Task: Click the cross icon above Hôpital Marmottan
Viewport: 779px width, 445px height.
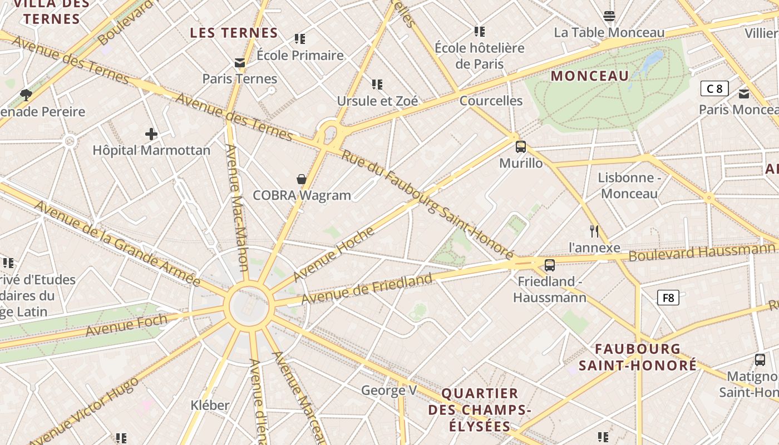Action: pos(151,134)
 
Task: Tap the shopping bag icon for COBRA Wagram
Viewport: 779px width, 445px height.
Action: pos(301,179)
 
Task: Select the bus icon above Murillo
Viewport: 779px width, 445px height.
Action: pos(521,147)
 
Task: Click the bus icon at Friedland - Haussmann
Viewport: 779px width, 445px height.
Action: pos(550,265)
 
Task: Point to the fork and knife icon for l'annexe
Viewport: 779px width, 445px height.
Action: pos(594,231)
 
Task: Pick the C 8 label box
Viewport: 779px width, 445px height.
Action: pos(714,88)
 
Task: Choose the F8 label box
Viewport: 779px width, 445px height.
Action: pos(668,298)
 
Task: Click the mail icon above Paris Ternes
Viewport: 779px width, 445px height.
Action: pos(240,63)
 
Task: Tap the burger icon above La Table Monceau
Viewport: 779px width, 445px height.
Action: pos(609,16)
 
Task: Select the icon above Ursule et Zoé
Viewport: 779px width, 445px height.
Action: pos(377,85)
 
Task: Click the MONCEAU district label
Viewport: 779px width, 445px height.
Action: pos(590,76)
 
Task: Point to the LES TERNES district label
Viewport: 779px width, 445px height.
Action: pos(234,33)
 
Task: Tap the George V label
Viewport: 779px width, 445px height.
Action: pos(389,390)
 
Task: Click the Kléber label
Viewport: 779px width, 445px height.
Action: pos(210,405)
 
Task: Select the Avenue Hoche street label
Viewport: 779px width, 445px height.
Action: pos(333,254)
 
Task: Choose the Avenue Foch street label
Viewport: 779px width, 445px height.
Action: pos(126,326)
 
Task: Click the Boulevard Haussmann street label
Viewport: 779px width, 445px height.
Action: pos(702,252)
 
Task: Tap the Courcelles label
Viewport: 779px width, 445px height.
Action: pos(491,101)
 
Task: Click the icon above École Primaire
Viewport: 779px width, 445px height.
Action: pos(300,39)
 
